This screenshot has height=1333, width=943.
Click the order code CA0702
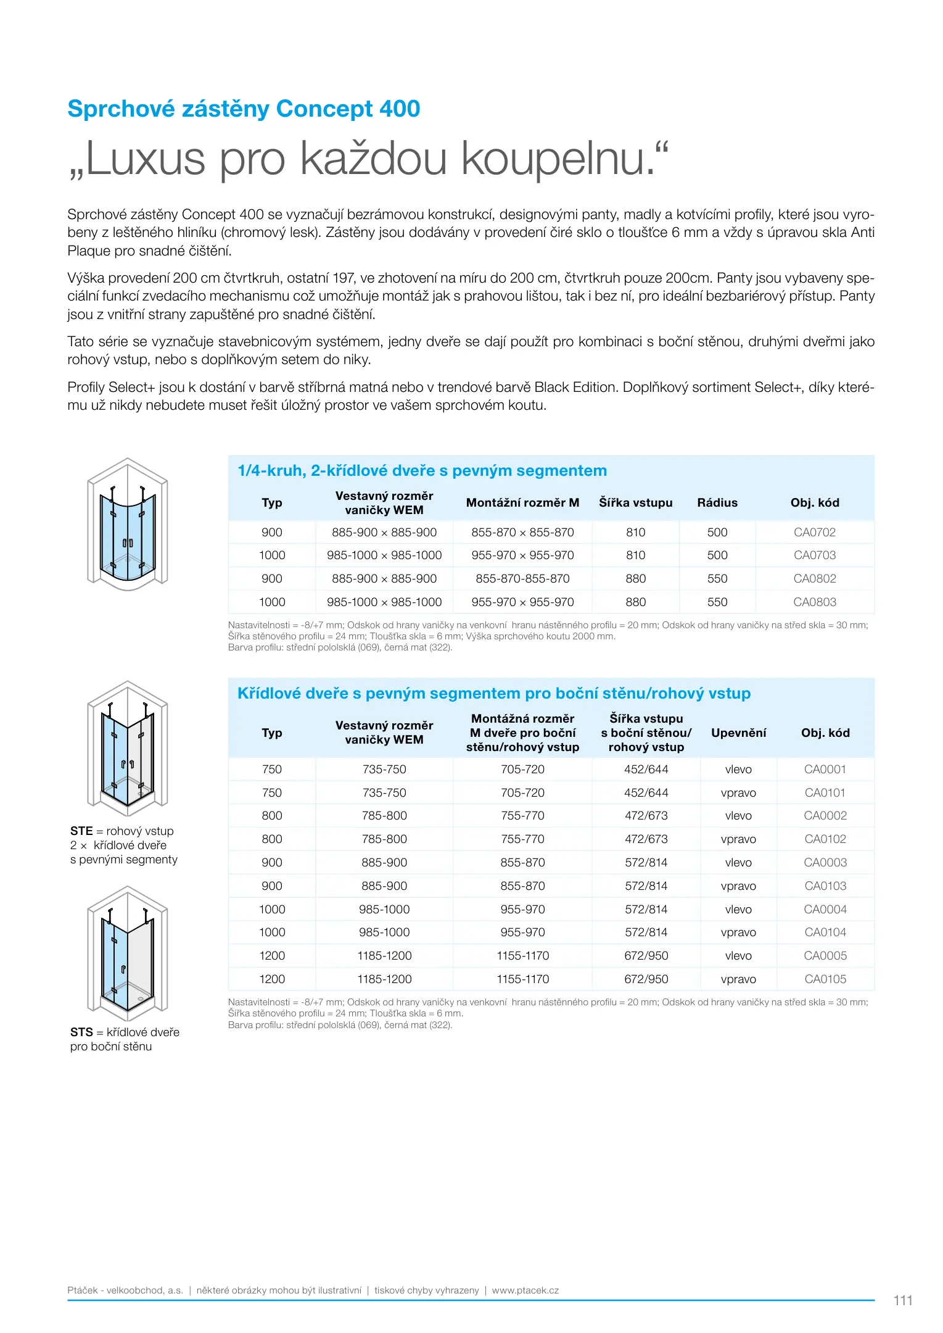[x=814, y=532]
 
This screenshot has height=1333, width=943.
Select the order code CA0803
[x=814, y=602]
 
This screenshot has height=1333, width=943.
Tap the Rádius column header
[x=717, y=502]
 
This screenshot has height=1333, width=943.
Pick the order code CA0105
[x=825, y=979]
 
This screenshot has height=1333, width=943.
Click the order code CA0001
[x=825, y=769]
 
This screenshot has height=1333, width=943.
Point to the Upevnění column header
[x=738, y=733]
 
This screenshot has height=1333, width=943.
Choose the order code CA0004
[x=825, y=909]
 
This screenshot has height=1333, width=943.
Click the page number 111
[x=902, y=1300]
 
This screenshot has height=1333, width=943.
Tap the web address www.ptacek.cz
[x=525, y=1290]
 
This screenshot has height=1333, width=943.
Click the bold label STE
[x=81, y=831]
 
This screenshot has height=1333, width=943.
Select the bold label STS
[x=81, y=1032]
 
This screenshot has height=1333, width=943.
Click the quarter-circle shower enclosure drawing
[x=128, y=523]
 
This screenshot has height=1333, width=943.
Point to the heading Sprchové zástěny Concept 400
[x=244, y=109]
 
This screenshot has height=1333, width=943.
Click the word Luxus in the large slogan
[x=145, y=159]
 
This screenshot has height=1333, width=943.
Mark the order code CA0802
[x=814, y=578]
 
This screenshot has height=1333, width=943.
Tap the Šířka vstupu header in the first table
[x=635, y=502]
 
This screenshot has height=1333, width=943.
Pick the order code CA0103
[x=825, y=886]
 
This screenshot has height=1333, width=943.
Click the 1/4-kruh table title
[x=422, y=470]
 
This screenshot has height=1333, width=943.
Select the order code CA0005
[x=825, y=955]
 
